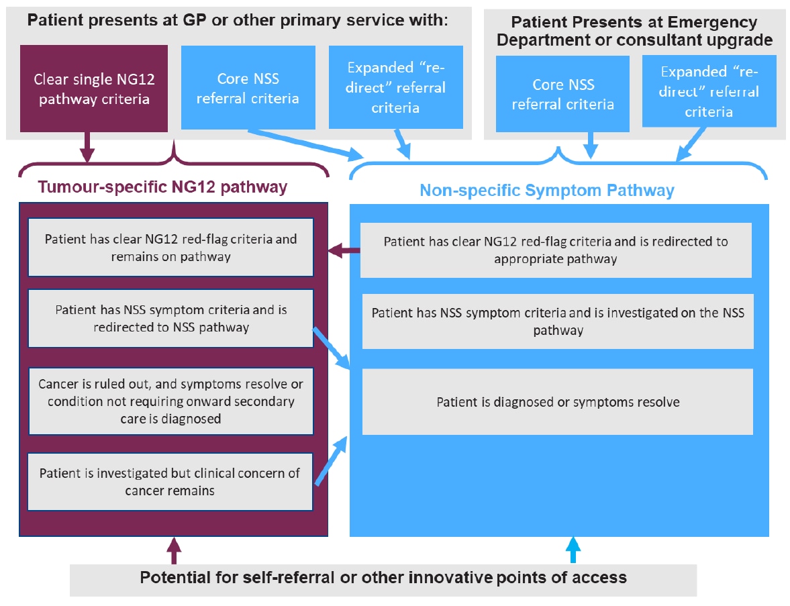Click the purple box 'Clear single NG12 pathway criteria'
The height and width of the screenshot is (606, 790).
(93, 88)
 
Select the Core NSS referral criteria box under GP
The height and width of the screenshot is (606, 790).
(248, 88)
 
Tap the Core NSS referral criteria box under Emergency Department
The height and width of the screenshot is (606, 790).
(562, 94)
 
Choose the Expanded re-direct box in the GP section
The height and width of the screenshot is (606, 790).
(395, 87)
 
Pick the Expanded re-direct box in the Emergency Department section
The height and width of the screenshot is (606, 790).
(709, 91)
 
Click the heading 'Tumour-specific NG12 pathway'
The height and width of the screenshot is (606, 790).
(162, 187)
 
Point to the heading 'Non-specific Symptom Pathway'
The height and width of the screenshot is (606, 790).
(546, 191)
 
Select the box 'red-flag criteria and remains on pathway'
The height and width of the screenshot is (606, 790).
(170, 247)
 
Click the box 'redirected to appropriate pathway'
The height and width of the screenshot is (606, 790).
(555, 250)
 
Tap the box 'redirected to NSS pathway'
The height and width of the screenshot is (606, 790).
(170, 319)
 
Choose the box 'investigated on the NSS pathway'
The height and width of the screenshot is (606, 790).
(557, 321)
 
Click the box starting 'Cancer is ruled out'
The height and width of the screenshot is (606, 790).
(170, 401)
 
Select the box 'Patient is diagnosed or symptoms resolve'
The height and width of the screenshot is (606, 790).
(557, 402)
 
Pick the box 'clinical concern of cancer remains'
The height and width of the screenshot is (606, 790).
(170, 481)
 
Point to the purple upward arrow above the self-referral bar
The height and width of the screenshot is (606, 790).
(175, 550)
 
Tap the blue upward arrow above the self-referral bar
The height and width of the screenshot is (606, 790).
(573, 550)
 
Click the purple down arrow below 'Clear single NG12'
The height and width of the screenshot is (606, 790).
(87, 147)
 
